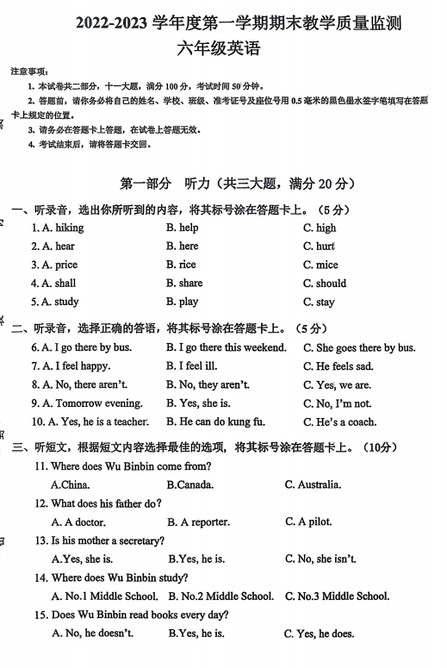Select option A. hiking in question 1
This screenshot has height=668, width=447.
58,228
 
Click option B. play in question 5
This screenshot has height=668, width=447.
182,302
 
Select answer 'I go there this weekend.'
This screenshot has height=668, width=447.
226,347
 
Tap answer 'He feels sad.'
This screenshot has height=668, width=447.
338,366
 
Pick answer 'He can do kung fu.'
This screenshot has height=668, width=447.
215,421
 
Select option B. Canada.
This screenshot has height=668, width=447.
190,485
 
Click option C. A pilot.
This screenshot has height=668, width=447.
308,521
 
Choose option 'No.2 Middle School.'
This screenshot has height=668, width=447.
220,596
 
